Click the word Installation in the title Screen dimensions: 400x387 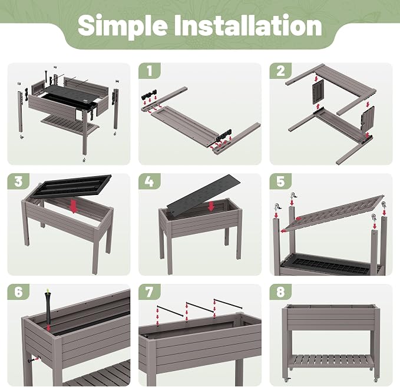pyautogui.click(x=248, y=25)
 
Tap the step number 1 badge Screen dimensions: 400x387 pyautogui.click(x=150, y=71)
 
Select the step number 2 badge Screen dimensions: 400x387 pyautogui.click(x=280, y=71)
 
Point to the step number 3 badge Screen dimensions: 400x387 pyautogui.click(x=18, y=181)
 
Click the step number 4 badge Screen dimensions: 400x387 pyautogui.click(x=150, y=181)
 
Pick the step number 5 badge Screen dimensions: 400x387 pyautogui.click(x=280, y=181)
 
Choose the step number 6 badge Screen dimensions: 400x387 pyautogui.click(x=18, y=292)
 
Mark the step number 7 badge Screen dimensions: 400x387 pyautogui.click(x=150, y=292)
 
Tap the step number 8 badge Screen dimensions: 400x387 pyautogui.click(x=280, y=292)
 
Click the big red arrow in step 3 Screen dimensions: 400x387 pyautogui.click(x=74, y=206)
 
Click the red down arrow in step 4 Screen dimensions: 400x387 pyautogui.click(x=211, y=206)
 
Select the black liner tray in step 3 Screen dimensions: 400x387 pyautogui.click(x=71, y=186)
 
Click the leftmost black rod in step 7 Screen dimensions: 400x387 pyautogui.click(x=170, y=311)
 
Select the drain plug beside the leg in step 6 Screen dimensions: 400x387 pyautogui.click(x=32, y=360)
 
